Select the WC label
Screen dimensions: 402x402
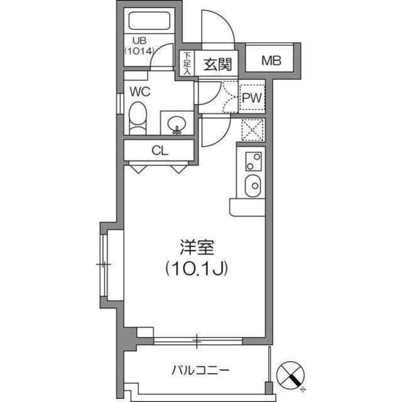[139, 91]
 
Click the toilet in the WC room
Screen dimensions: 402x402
[138, 118]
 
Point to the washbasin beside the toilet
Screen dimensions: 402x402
[177, 122]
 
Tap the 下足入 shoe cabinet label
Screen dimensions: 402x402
[187, 64]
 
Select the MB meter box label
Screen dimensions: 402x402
[271, 61]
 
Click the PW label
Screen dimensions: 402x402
[252, 98]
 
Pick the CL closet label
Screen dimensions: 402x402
[160, 150]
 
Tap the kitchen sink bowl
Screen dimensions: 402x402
[253, 186]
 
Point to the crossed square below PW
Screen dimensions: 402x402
[253, 130]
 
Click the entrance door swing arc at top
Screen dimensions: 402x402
[218, 28]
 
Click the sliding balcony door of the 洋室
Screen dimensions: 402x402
[197, 342]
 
